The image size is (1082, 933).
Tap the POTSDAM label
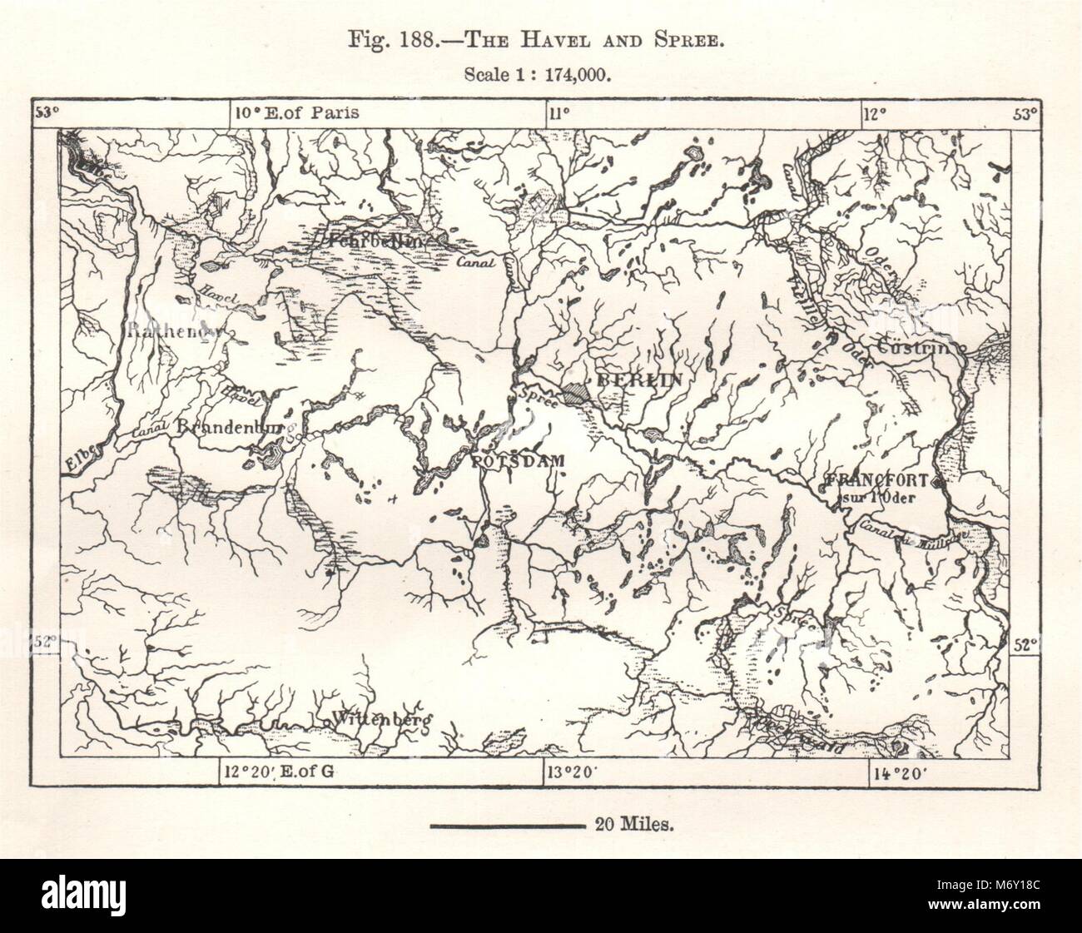point(518,460)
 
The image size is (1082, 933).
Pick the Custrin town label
point(919,347)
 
